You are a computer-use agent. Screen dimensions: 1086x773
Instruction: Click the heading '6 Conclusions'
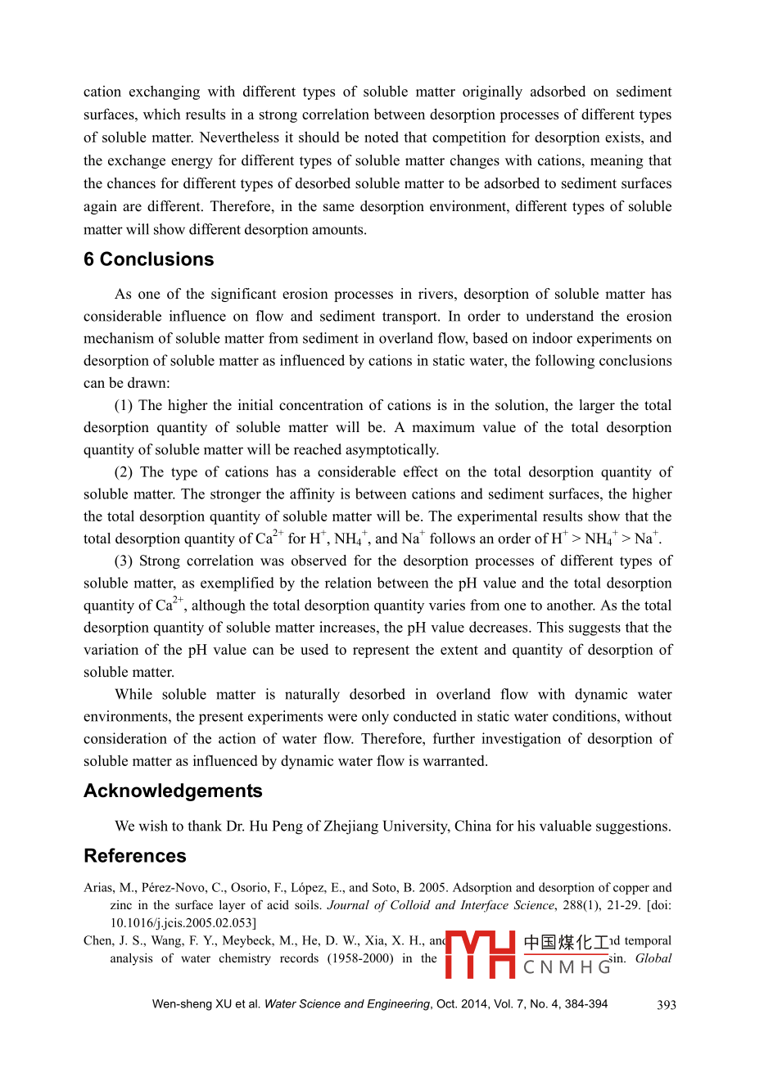(148, 259)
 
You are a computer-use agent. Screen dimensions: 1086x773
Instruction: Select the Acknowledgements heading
(173, 791)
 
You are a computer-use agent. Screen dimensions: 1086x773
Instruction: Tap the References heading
(135, 855)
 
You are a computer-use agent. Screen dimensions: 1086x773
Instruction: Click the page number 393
(666, 1005)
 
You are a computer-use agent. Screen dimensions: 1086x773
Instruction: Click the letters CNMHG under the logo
(567, 967)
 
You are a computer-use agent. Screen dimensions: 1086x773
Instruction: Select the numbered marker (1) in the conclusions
(124, 405)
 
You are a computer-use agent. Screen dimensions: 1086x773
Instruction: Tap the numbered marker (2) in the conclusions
(124, 472)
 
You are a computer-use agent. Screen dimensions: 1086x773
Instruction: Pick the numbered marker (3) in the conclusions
(124, 561)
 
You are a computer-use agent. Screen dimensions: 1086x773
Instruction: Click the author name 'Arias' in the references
(99, 887)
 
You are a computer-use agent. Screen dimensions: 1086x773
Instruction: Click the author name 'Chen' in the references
(97, 940)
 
